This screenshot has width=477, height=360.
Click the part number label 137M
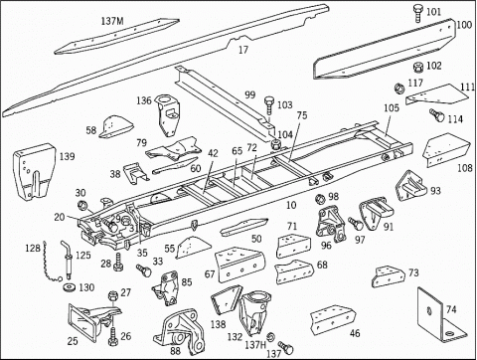click(112, 22)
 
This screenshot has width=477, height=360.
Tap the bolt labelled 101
click(418, 14)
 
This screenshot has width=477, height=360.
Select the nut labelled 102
click(418, 68)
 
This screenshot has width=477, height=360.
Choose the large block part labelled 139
click(34, 172)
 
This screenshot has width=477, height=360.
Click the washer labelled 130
click(70, 286)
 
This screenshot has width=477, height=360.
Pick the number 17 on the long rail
click(243, 50)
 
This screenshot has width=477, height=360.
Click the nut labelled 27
click(112, 295)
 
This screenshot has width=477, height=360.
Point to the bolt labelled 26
click(112, 337)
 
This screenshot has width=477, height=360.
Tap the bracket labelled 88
click(179, 332)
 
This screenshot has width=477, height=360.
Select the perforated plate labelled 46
click(333, 319)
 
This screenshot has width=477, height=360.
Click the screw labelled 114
click(437, 114)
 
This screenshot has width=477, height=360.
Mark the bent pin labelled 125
click(68, 261)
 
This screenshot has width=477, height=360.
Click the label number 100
click(464, 25)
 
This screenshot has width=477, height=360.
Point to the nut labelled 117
click(398, 89)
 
